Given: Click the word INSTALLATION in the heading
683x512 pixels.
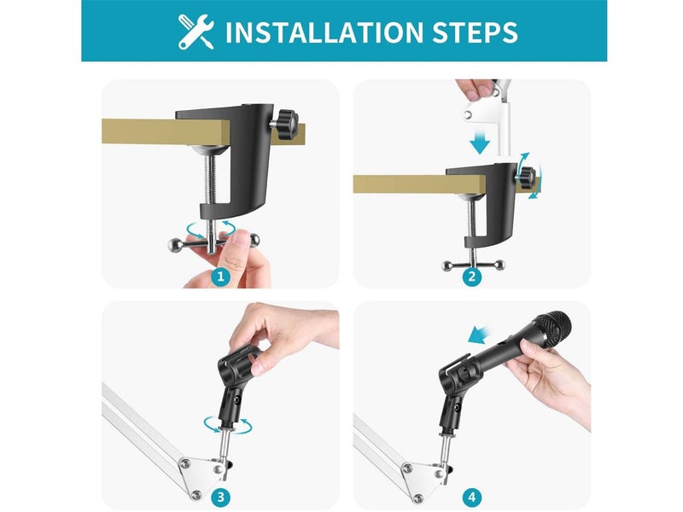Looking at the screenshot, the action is pos(324,32).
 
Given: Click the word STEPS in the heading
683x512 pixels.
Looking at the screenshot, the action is pos(476,32).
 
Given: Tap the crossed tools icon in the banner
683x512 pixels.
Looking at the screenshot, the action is pos(196,32).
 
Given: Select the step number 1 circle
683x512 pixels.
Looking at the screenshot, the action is pos(221,276).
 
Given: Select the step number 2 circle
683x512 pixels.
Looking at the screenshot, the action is pos(472,276).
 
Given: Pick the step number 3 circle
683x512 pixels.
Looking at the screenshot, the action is pos(221,497).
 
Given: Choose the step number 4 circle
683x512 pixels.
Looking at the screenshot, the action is pos(472,497).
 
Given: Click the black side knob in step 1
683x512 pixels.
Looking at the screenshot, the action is pos(285,125).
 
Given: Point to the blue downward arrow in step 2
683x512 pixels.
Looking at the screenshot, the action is pos(480,140).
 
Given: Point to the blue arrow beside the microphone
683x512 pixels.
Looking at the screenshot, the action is pos(481,335).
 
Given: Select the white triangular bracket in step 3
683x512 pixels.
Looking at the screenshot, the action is pos(204,475).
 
